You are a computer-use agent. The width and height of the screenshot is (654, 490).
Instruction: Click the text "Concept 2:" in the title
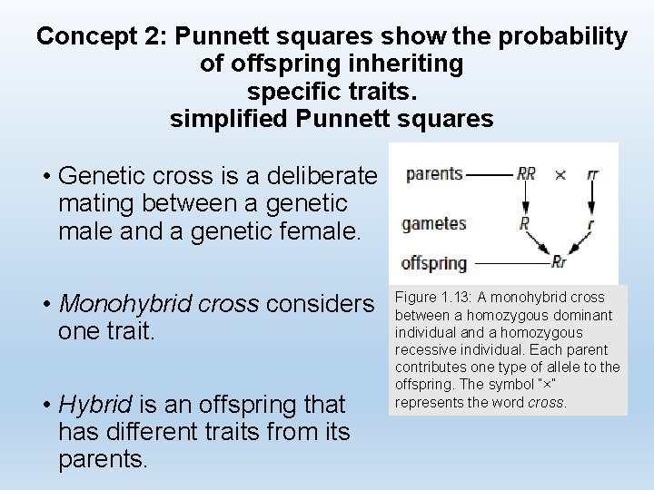point(102,36)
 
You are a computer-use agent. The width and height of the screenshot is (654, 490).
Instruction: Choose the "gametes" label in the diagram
point(433,222)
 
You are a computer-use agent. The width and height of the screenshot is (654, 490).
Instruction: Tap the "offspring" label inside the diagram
point(433,263)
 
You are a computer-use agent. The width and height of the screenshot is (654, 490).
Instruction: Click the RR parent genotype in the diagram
point(526,173)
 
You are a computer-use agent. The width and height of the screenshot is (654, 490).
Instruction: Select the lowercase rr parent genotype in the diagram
point(592,173)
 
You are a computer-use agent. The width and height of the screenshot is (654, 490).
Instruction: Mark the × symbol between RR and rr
point(560,173)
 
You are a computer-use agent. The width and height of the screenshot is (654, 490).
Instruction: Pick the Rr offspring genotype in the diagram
point(559,262)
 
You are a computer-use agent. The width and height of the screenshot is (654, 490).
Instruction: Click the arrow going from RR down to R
point(525,198)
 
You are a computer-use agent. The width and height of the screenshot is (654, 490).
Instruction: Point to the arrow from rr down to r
point(592,198)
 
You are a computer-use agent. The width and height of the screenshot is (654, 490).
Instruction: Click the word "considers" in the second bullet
point(320,304)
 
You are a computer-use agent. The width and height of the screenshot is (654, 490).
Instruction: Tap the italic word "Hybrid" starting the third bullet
point(95,404)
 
